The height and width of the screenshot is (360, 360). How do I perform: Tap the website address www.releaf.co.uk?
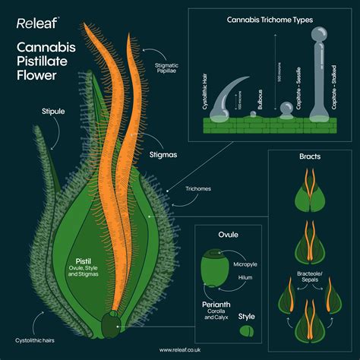[x=180, y=350]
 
